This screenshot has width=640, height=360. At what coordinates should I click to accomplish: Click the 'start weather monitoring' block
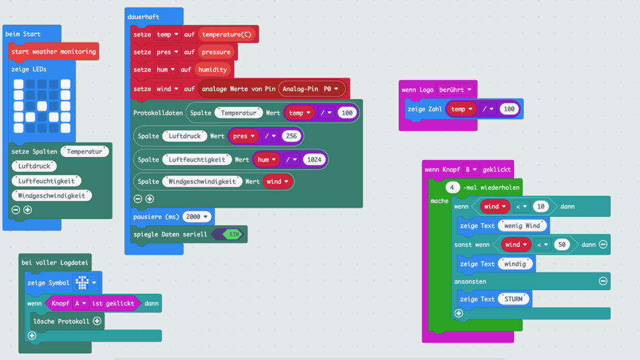coord(54,52)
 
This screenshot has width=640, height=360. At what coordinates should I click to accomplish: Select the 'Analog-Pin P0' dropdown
coord(312,89)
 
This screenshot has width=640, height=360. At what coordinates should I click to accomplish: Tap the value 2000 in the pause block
coord(197,216)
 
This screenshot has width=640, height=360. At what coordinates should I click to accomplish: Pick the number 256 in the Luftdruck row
coord(291,136)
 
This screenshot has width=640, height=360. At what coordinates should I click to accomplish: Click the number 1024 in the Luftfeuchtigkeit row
coord(314,160)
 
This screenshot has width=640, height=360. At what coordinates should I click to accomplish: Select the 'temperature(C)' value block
coord(228,34)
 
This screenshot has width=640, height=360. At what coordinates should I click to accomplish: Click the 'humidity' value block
coord(213,69)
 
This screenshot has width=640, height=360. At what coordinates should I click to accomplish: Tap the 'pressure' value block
coord(216,52)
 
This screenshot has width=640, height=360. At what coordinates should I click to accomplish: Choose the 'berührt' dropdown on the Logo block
coord(455,90)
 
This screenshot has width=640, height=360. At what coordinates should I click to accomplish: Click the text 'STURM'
coord(514,299)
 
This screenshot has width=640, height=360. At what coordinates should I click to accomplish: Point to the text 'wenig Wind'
coord(523,226)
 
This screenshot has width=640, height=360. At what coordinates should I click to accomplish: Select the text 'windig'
coord(515,264)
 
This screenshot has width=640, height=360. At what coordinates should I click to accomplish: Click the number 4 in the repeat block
coord(453,187)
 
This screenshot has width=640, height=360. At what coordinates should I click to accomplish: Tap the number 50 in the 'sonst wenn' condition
coord(562,245)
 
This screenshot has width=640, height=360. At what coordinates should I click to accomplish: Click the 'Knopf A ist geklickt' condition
coord(93,303)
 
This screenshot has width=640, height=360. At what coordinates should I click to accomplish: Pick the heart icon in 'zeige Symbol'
coord(83,282)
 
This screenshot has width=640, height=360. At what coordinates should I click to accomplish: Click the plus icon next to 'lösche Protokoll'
coord(97,322)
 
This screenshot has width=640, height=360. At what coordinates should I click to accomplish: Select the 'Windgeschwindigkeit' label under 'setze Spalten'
coord(53,196)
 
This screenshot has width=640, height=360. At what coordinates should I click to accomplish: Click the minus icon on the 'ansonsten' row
coord(603,281)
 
